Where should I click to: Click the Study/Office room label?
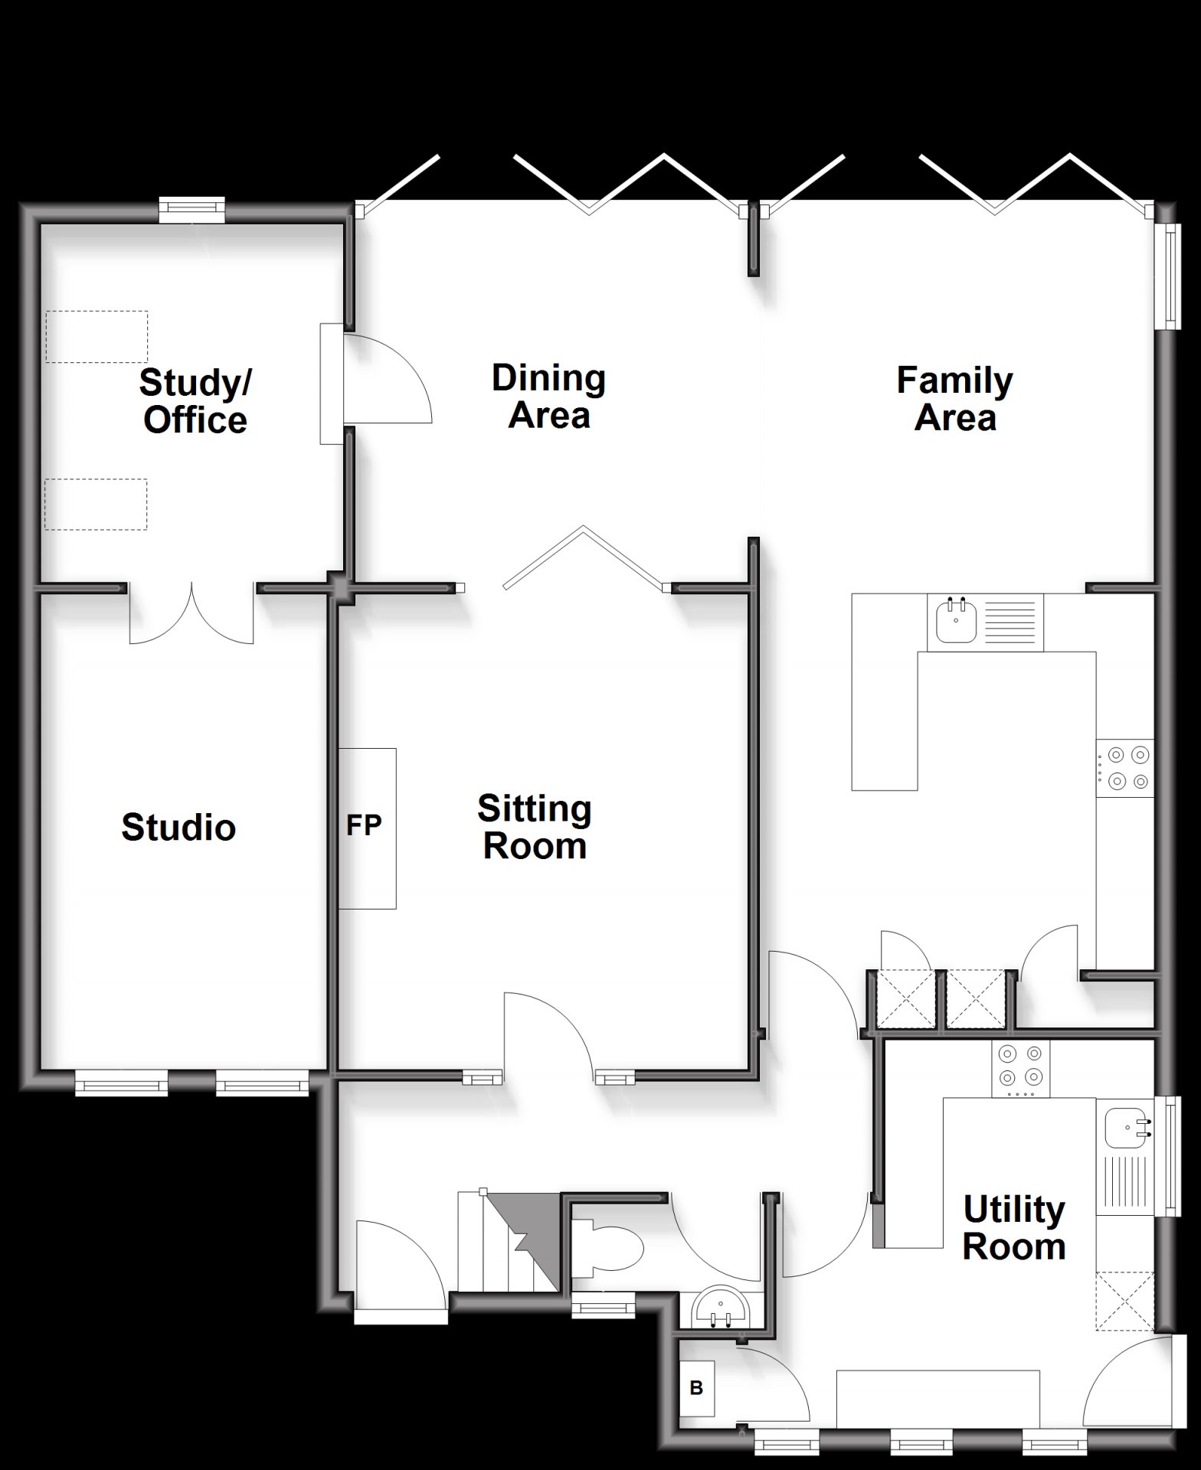(195, 401)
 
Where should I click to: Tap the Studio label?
(178, 828)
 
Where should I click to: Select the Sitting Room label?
(535, 828)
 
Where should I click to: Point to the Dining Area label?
(548, 397)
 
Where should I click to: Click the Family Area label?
(954, 399)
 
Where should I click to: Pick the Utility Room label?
(1014, 1228)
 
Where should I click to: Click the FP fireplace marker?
(364, 825)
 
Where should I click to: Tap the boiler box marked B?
(697, 1389)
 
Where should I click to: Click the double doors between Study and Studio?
(191, 612)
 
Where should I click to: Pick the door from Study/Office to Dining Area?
(387, 379)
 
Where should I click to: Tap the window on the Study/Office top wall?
(192, 210)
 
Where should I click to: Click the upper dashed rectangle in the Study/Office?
(97, 336)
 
